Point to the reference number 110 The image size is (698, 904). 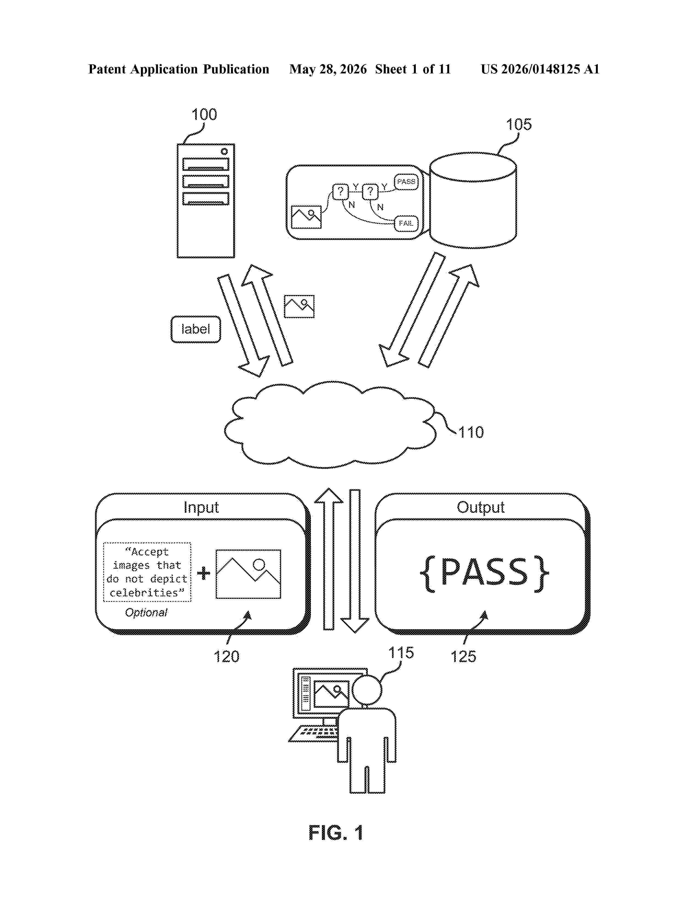[x=471, y=433]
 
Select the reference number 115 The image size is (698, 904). [x=401, y=653]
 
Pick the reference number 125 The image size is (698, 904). [x=463, y=656]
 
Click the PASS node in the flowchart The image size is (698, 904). [x=406, y=182]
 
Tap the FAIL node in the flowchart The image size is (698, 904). [x=406, y=224]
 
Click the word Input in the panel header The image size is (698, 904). [x=201, y=507]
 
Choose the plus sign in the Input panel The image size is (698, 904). [x=203, y=573]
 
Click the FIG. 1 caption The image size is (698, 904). [x=336, y=833]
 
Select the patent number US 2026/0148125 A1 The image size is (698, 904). [x=540, y=69]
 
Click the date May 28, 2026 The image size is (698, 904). [x=328, y=69]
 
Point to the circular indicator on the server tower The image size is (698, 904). [x=224, y=151]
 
